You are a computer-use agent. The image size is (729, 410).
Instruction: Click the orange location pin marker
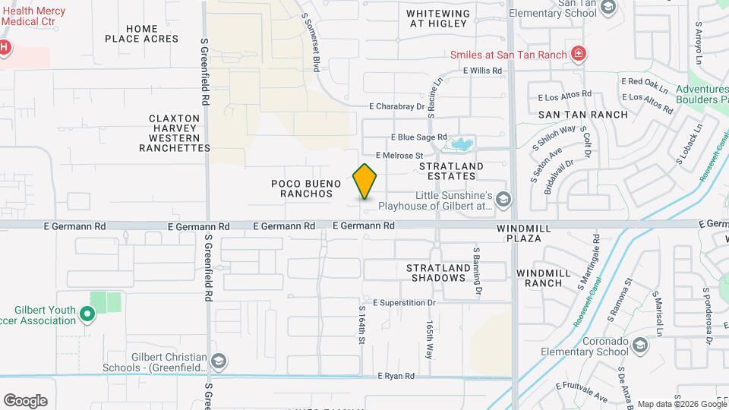(x=365, y=181)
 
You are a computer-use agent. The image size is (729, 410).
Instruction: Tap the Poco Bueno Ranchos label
(x=302, y=188)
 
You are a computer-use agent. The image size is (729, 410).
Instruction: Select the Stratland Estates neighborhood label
(x=451, y=171)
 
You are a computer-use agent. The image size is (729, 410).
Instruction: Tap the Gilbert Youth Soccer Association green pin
(x=87, y=313)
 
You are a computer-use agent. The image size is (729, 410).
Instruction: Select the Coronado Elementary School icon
(x=640, y=346)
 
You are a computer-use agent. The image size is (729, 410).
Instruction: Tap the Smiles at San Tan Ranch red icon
(x=579, y=54)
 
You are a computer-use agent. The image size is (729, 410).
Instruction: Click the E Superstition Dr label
(x=403, y=302)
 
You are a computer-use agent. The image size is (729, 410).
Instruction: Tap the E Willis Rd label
(x=483, y=71)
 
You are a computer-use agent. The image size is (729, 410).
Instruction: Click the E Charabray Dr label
(x=397, y=107)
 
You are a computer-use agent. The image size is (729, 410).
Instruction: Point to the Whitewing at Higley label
(x=437, y=18)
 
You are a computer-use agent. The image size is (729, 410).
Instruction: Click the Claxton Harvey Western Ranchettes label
(x=175, y=133)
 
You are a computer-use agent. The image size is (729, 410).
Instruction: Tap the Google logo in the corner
(x=25, y=401)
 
